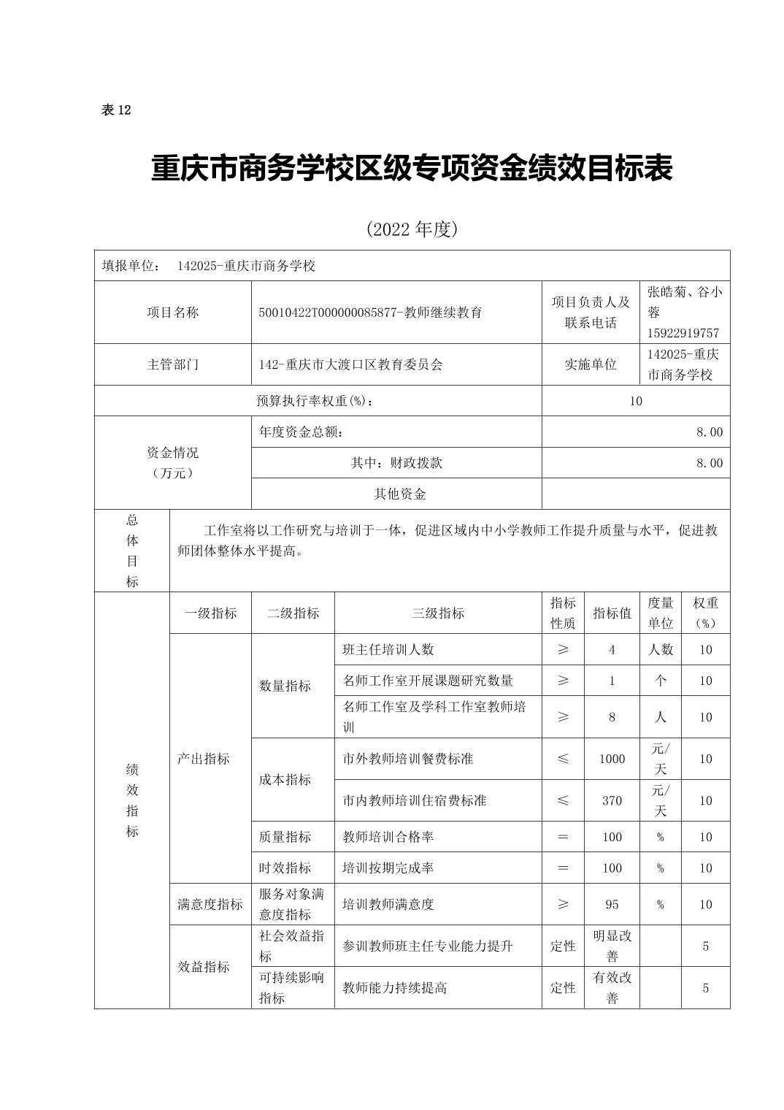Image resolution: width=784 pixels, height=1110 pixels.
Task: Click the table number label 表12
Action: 115,110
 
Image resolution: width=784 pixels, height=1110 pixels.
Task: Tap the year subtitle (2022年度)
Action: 412,229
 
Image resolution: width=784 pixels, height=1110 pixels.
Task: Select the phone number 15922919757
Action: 683,333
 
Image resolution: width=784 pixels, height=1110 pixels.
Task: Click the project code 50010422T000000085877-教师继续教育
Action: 370,313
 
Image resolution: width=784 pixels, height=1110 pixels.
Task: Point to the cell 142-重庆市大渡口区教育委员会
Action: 350,364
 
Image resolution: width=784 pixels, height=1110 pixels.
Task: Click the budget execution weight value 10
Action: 635,401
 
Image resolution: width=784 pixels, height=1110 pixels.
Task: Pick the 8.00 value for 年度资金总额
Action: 709,432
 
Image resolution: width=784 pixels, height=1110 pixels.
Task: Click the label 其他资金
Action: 399,494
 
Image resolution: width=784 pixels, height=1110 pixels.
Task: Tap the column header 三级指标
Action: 437,613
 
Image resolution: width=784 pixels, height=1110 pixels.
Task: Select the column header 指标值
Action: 612,613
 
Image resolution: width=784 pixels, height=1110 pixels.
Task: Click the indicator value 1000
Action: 612,759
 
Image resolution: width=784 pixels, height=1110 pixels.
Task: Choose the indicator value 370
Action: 612,800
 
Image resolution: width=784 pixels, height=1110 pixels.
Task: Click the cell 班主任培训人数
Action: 388,649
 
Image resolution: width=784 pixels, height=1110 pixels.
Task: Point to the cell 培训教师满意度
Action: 388,904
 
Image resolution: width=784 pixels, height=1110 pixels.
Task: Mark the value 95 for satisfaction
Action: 612,904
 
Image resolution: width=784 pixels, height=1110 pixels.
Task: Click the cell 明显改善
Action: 612,946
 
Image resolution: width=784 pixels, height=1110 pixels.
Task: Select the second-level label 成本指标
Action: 285,780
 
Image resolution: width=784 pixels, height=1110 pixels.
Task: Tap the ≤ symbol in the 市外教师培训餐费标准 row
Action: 563,759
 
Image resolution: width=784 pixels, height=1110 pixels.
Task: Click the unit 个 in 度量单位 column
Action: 660,681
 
